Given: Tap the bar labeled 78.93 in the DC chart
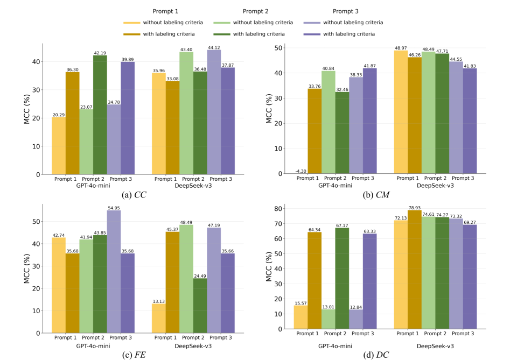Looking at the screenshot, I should tap(415, 269).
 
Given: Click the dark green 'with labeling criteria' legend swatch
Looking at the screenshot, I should tap(224, 34).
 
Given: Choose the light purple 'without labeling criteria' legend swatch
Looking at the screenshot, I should tap(313, 23).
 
